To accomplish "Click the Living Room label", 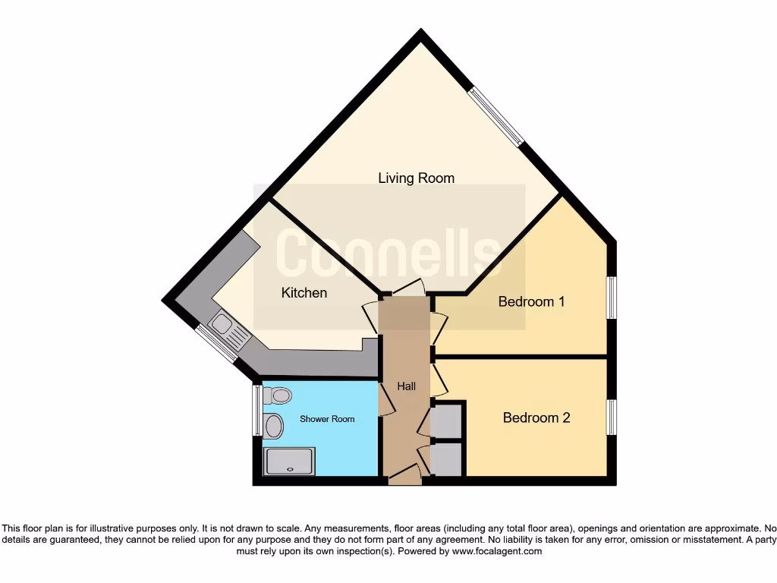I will [x=417, y=178].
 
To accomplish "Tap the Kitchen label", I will [x=304, y=292].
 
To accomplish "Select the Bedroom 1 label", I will [x=531, y=301].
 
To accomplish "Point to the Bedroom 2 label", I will [x=536, y=418].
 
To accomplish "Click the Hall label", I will [x=407, y=386].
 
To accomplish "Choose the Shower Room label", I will [x=327, y=419].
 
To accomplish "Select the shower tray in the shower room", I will [x=289, y=461].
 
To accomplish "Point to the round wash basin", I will [x=273, y=427].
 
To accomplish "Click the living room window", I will [x=495, y=116].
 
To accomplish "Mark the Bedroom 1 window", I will [x=611, y=297].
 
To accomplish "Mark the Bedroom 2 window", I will [x=611, y=417].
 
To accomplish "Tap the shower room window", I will [x=256, y=411].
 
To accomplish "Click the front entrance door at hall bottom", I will [x=404, y=477].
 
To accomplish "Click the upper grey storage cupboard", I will [x=446, y=420].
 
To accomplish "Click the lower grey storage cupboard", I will [x=446, y=459].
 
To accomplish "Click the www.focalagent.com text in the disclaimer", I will [x=497, y=551].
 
